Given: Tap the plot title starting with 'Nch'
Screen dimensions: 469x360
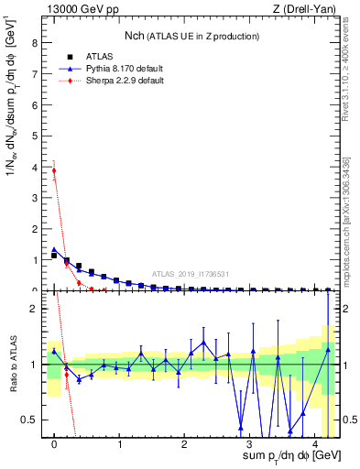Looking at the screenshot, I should pyautogui.click(x=190, y=36).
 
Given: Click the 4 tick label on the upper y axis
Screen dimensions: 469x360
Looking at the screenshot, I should pyautogui.click(x=35, y=168).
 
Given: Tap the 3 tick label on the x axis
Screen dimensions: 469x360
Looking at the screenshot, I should pyautogui.click(x=250, y=443).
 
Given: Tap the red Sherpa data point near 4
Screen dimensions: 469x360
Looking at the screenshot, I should pyautogui.click(x=54, y=170).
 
